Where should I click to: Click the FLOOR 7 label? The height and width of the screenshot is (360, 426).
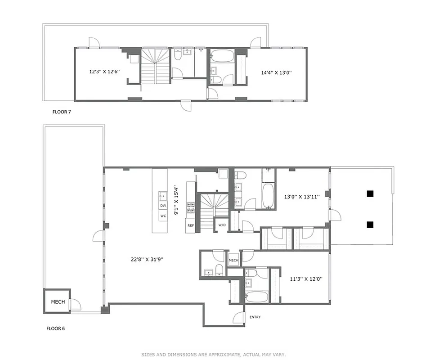point(62,112)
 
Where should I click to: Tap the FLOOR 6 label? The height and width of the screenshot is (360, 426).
point(56,328)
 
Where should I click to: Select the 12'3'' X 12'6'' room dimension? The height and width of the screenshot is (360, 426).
point(104,72)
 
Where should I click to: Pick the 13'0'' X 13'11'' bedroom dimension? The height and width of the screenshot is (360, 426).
point(301,197)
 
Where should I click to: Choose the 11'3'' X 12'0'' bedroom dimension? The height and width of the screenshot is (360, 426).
point(306,279)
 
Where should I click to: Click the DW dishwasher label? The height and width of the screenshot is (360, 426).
point(163,206)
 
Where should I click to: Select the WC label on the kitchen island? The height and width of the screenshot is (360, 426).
point(163,216)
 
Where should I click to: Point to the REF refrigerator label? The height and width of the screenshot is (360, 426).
point(191,225)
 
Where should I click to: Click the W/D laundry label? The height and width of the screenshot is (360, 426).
point(222,225)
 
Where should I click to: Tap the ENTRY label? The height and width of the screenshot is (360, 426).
point(255,317)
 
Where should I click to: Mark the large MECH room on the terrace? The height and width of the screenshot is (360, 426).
point(58,302)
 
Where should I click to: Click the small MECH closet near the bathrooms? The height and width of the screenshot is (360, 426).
point(233,261)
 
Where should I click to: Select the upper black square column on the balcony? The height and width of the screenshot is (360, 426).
point(370,194)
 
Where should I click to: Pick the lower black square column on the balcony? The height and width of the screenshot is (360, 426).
point(370,225)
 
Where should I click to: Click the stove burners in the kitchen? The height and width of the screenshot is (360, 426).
point(191,207)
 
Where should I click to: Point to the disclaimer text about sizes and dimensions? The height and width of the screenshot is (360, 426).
point(213,355)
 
